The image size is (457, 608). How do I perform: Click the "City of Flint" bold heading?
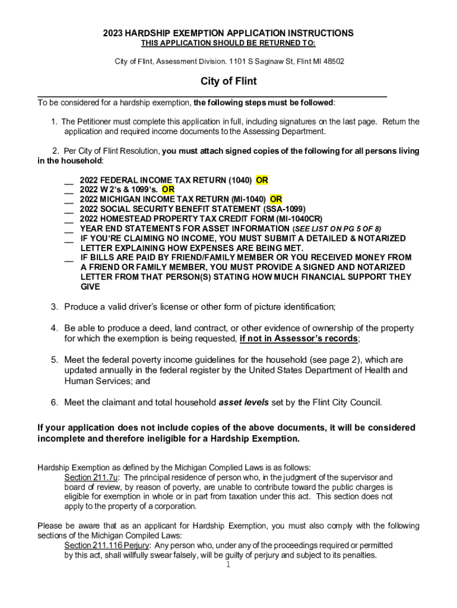pyautogui.click(x=228, y=81)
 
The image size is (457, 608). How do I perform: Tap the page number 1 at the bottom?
pyautogui.click(x=228, y=565)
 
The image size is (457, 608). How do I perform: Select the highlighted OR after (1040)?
pyautogui.click(x=262, y=180)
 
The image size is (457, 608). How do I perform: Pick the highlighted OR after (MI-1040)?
pyautogui.click(x=276, y=199)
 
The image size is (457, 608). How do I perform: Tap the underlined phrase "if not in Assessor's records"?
pyautogui.click(x=299, y=338)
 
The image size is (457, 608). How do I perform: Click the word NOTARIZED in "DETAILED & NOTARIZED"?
pyautogui.click(x=380, y=238)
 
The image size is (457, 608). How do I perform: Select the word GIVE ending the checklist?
pyautogui.click(x=91, y=286)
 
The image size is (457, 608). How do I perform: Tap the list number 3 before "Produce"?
pyautogui.click(x=54, y=307)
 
